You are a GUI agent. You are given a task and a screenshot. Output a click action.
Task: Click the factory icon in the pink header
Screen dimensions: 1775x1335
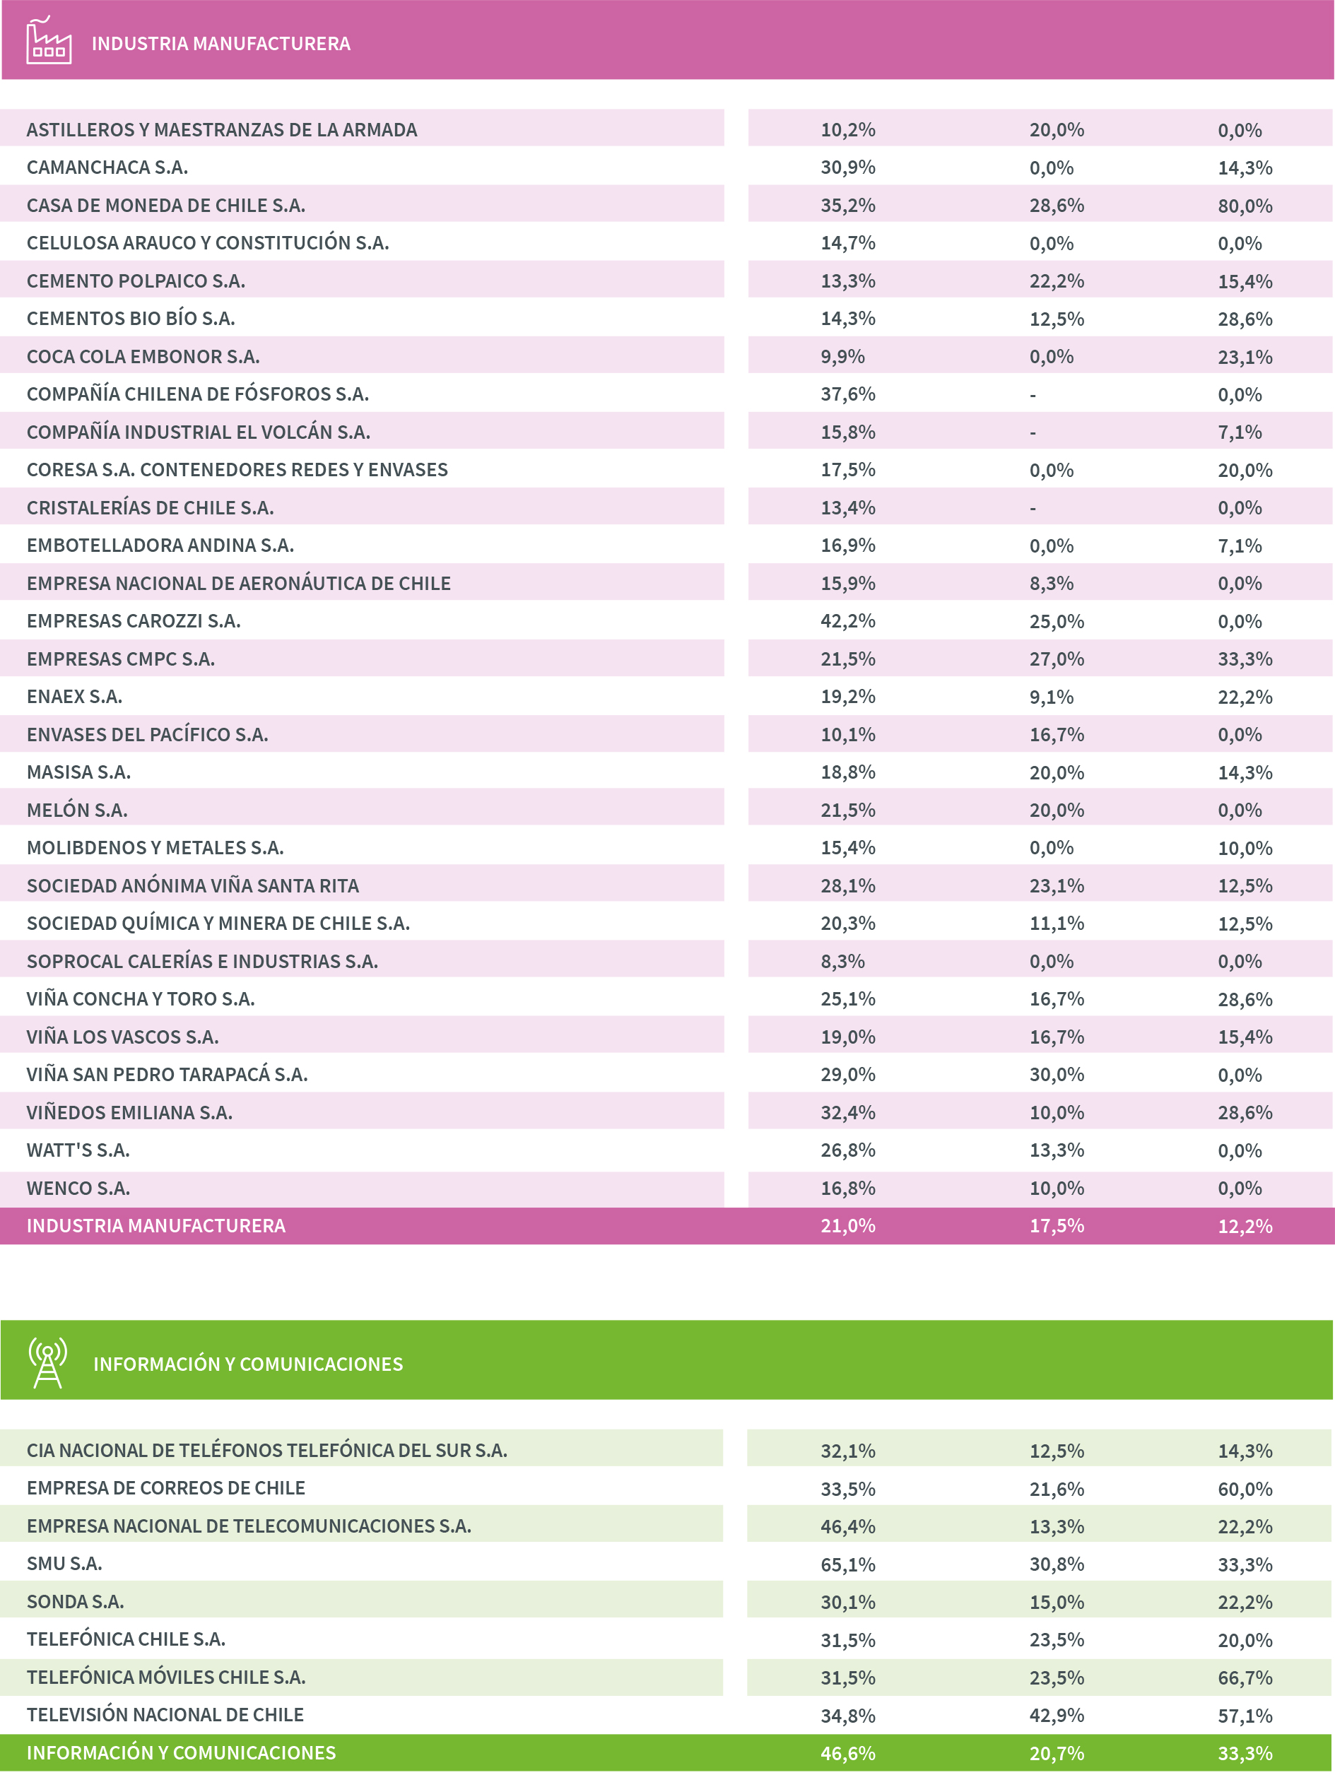pos(48,41)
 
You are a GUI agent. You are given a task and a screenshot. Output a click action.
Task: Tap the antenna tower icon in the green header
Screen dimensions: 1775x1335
pos(47,1362)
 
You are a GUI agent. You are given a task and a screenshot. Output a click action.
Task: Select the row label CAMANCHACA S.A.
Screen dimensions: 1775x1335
pos(107,167)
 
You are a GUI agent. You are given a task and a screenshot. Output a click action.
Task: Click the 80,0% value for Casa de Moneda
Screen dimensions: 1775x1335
pos(1245,206)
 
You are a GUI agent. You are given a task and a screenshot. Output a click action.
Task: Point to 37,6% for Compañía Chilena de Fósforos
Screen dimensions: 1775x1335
pos(847,394)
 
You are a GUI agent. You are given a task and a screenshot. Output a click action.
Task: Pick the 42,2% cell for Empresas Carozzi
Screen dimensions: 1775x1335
pos(847,621)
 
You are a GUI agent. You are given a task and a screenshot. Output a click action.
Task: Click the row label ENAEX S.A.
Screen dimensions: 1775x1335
pos(74,697)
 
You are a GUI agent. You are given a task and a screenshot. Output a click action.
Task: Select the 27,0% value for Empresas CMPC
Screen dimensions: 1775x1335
pos(1057,659)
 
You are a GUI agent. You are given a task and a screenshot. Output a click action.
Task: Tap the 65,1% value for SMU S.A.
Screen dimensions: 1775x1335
pos(847,1564)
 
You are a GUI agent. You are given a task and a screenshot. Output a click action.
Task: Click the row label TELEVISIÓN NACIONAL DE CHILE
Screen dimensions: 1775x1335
pos(165,1715)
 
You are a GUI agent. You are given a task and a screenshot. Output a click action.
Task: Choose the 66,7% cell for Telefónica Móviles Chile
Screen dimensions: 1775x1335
pos(1245,1677)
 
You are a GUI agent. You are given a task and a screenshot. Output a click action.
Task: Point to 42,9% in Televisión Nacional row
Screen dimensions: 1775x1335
pos(1057,1715)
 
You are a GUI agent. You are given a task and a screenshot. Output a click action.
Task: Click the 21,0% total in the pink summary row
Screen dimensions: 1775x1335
pos(847,1225)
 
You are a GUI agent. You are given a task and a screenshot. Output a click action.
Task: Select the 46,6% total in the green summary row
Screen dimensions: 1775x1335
pos(847,1753)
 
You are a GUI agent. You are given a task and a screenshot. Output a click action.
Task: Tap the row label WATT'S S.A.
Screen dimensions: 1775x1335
pos(78,1150)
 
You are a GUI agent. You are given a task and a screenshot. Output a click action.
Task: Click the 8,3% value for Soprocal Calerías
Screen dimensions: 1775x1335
pos(842,961)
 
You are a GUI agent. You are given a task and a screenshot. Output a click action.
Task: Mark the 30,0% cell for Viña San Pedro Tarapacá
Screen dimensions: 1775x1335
pos(1057,1075)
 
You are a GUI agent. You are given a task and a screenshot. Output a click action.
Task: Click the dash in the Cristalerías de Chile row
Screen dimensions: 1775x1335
pos(1033,508)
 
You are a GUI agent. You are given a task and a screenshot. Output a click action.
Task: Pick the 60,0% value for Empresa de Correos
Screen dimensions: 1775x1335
pos(1245,1489)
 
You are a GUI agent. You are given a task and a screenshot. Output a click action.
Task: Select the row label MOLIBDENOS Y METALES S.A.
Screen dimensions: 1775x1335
pos(155,847)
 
